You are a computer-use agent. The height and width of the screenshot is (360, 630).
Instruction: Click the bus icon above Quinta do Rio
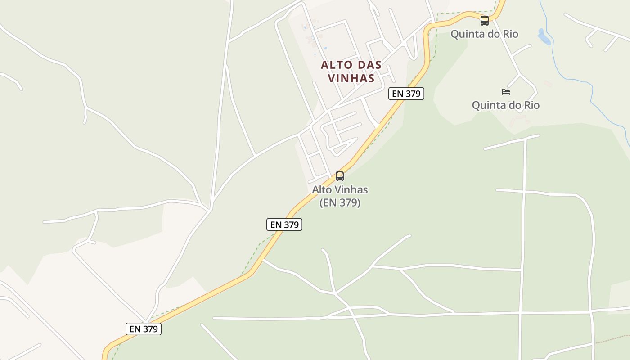[x=484, y=21]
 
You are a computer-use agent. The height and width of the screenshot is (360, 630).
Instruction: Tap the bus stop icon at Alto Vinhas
[x=340, y=176]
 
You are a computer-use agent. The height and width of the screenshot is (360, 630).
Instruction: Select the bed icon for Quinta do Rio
[x=506, y=92]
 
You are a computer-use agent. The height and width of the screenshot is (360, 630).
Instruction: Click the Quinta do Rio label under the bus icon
[x=484, y=34]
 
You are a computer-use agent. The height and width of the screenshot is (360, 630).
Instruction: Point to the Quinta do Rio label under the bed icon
[x=505, y=105]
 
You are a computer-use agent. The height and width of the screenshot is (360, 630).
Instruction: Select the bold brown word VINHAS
[x=351, y=78]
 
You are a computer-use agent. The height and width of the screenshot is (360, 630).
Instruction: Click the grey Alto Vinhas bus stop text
[x=340, y=190]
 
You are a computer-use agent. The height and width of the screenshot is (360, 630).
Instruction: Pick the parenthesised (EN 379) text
[x=340, y=203]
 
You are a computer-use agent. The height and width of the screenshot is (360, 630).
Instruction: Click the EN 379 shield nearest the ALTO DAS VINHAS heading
[x=406, y=94]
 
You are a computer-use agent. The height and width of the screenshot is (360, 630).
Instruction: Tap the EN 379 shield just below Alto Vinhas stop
[x=284, y=225]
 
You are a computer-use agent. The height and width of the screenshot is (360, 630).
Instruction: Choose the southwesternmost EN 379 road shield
[x=144, y=329]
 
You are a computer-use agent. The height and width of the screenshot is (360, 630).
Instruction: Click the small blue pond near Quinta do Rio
[x=544, y=37]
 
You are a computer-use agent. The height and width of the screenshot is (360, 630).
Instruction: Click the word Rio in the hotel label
[x=530, y=105]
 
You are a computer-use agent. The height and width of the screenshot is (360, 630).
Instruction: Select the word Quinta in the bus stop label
[x=466, y=34]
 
